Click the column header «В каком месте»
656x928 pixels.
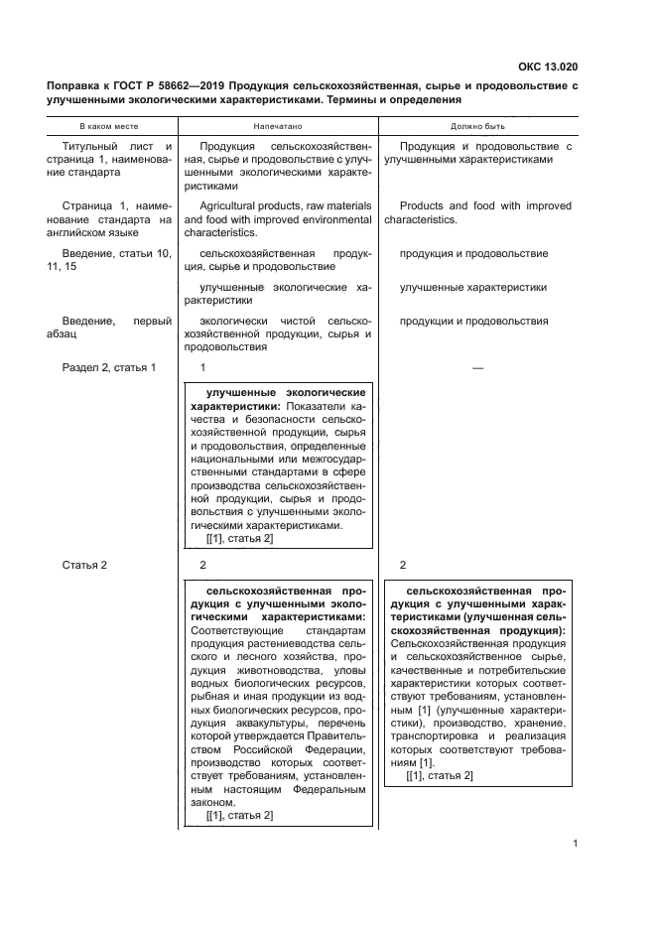click(109, 128)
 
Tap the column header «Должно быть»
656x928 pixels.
click(478, 128)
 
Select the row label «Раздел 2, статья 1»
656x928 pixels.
click(109, 368)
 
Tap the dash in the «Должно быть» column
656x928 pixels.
click(477, 368)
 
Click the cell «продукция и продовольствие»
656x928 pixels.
click(473, 254)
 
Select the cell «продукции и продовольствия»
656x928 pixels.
click(473, 321)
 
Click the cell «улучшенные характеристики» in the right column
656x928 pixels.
click(473, 287)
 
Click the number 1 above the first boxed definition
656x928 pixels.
click(202, 368)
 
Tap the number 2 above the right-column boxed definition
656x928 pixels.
click(403, 565)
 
